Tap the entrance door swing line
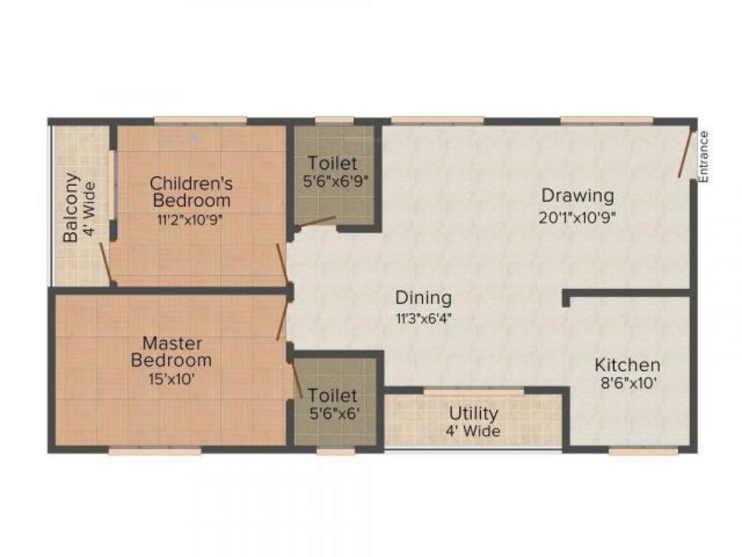685,154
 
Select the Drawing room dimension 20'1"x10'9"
578,217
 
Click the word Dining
424,298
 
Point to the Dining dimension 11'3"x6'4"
424,319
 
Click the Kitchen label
627,365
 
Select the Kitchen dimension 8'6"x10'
627,384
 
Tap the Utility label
474,413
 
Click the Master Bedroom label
171,351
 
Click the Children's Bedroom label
192,192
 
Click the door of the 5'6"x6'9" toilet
316,221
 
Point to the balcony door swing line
106,264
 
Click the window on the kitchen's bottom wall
643,451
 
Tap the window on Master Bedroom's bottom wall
155,451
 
